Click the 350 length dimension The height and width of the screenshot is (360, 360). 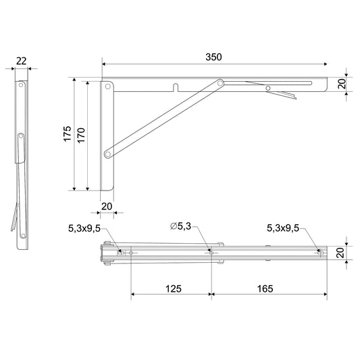pos(213,57)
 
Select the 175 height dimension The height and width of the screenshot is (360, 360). pos(68,133)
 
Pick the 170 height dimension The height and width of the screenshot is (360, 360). pos(81,136)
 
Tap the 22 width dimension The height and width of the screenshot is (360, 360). pos(22,61)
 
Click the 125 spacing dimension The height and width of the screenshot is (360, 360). pos(174,289)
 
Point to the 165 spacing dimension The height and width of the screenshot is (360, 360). pos(265,289)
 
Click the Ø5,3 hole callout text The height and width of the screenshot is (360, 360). pos(181,226)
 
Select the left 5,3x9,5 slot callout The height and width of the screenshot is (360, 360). pos(84,228)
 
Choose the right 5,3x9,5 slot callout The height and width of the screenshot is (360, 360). pos(283,228)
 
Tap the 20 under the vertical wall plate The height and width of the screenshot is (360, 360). pos(107,207)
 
